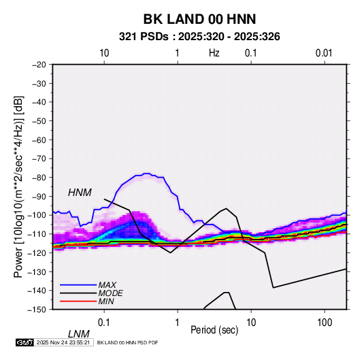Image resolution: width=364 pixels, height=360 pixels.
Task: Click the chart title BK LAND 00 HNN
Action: tap(199, 19)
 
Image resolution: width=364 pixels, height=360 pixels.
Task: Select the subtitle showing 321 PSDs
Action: tap(199, 37)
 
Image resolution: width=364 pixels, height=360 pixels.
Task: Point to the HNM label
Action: tap(80, 193)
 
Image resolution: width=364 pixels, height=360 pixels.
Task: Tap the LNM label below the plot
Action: tap(79, 334)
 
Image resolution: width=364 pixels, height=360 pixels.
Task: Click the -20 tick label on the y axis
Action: tap(39, 65)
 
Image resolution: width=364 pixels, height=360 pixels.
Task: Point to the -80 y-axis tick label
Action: tap(39, 178)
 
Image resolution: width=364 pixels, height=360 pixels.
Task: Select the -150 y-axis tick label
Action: tap(37, 310)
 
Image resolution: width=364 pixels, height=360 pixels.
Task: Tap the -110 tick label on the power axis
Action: tap(37, 234)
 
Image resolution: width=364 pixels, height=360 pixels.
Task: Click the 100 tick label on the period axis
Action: tap(325, 323)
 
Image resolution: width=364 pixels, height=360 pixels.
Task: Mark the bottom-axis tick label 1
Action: tap(178, 323)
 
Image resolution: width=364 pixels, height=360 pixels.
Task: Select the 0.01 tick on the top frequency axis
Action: tap(324, 53)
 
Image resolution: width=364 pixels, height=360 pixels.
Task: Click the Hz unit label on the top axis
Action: tap(214, 53)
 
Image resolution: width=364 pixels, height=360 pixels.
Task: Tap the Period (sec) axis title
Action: tap(214, 330)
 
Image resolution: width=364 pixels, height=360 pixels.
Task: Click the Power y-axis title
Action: tap(18, 186)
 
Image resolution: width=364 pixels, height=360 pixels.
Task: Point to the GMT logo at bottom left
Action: tap(25, 342)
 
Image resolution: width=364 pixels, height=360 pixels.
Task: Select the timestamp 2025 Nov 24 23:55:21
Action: tap(63, 342)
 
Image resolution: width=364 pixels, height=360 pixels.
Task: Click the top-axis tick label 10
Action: tap(104, 53)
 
